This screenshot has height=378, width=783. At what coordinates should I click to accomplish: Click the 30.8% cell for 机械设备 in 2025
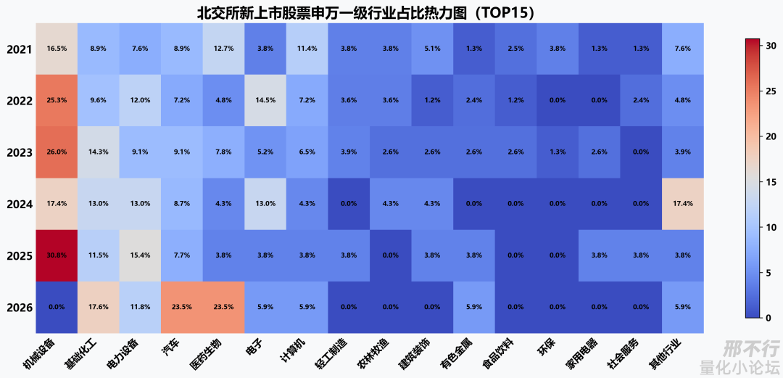(x=57, y=255)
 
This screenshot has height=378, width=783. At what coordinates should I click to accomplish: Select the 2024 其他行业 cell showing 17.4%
(x=683, y=204)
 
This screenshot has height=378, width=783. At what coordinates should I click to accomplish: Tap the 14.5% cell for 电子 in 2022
(x=265, y=101)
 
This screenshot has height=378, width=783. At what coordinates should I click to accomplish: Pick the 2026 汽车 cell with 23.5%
(x=182, y=307)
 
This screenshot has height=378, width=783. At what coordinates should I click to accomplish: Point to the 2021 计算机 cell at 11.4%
(x=307, y=49)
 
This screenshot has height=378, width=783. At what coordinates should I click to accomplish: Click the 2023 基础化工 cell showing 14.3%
(x=99, y=152)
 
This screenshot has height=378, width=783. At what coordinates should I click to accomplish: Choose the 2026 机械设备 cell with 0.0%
(x=57, y=307)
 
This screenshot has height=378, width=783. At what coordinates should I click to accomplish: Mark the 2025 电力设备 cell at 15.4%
(x=141, y=255)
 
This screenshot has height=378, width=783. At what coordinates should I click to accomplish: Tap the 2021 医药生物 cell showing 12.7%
(x=224, y=49)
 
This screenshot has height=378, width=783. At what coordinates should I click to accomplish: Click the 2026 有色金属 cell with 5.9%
(x=474, y=307)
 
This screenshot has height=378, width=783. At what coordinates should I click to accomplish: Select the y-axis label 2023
(x=19, y=153)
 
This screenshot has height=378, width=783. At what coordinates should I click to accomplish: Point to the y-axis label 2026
(x=19, y=308)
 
